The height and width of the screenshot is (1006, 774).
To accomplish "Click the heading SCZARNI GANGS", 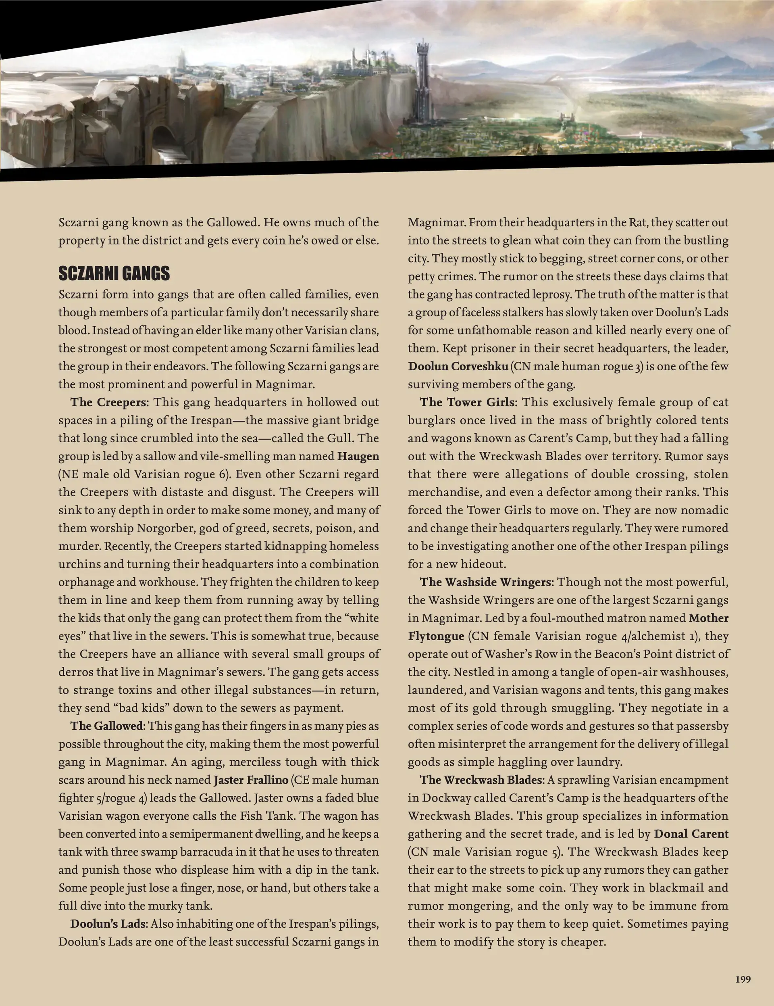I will click(x=114, y=273).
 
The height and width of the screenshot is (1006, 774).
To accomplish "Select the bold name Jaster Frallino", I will click(x=251, y=780).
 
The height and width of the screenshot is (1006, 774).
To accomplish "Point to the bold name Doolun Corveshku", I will click(x=458, y=367).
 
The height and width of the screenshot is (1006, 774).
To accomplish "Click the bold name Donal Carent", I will click(x=691, y=834).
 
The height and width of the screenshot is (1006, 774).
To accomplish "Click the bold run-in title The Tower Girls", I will click(x=467, y=403).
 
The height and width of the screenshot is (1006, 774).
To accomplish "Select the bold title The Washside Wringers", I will click(x=485, y=582).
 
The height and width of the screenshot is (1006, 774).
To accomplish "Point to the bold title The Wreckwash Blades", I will click(x=481, y=780).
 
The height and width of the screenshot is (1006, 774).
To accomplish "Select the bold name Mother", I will click(x=709, y=618).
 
